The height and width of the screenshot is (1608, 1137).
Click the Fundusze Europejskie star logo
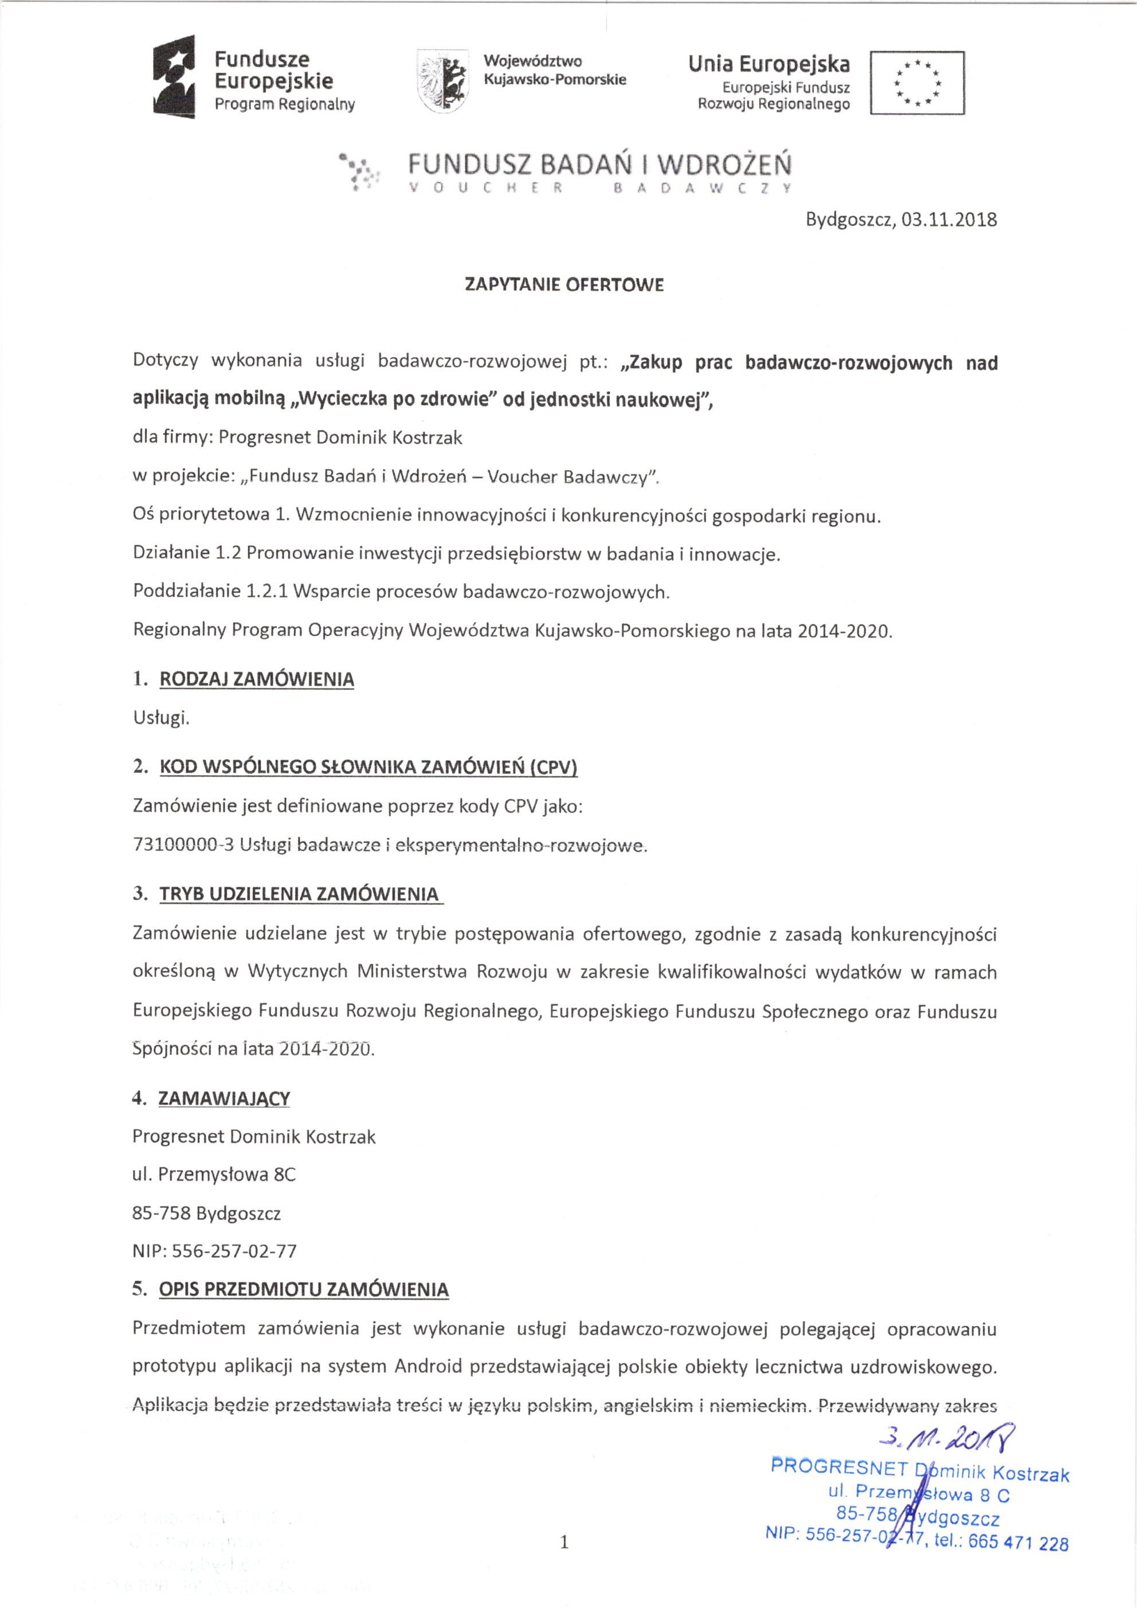pyautogui.click(x=174, y=79)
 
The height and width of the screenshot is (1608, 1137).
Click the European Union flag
pyautogui.click(x=917, y=83)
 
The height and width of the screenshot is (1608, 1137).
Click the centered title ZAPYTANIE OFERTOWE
pyautogui.click(x=564, y=285)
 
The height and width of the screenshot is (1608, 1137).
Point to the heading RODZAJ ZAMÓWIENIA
pyautogui.click(x=257, y=679)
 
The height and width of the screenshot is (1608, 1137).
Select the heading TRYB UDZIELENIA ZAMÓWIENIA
pyautogui.click(x=300, y=894)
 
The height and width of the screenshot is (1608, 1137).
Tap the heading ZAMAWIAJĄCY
pyautogui.click(x=224, y=1098)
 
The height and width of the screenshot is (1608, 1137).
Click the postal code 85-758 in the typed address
pyautogui.click(x=161, y=1213)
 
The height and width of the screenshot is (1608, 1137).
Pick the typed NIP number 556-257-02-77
pyautogui.click(x=234, y=1251)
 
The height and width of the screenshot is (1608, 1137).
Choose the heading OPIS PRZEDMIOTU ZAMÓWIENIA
pyautogui.click(x=304, y=1289)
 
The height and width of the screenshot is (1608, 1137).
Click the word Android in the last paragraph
pyautogui.click(x=428, y=1367)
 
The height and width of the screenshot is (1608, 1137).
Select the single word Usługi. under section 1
pyautogui.click(x=161, y=718)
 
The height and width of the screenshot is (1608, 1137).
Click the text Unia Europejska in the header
pyautogui.click(x=769, y=64)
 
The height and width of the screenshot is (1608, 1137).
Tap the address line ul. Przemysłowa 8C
pyautogui.click(x=214, y=1175)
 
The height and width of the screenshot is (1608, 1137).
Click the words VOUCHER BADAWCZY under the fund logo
pyautogui.click(x=601, y=189)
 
